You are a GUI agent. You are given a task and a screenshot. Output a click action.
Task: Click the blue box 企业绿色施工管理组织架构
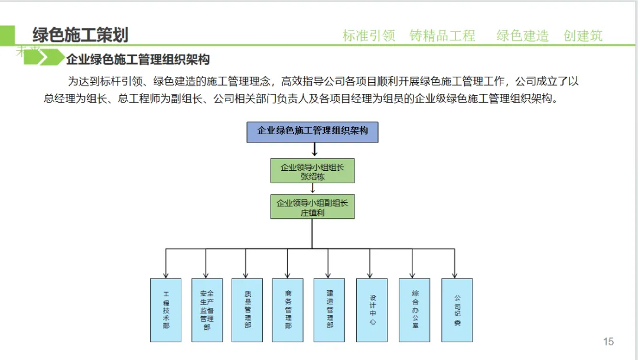(312, 132)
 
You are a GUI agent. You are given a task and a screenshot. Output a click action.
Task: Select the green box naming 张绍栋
(313, 171)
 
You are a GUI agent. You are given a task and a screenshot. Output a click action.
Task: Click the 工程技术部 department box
(165, 310)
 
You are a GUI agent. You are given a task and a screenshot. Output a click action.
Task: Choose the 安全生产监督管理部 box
(207, 310)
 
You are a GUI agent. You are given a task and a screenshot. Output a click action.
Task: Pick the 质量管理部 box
(247, 310)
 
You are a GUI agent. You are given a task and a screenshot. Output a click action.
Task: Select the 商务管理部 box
(288, 310)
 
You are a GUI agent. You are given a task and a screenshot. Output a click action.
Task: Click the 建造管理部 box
(329, 310)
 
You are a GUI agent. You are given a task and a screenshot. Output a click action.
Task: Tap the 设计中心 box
(372, 310)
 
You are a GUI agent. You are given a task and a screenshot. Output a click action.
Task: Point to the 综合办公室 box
(415, 310)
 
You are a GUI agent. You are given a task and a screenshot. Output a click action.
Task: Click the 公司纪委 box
(457, 310)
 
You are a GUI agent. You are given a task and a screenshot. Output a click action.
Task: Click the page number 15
(608, 341)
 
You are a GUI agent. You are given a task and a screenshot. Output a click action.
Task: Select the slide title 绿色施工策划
(80, 35)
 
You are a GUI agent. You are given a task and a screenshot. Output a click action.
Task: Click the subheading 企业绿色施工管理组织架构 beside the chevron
(138, 60)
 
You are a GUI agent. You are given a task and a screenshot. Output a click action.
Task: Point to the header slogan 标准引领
(369, 35)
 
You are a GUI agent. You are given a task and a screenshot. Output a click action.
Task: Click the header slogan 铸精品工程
(442, 35)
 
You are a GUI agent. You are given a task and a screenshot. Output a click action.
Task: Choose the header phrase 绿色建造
(522, 35)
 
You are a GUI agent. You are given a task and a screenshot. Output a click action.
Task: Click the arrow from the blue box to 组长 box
(314, 151)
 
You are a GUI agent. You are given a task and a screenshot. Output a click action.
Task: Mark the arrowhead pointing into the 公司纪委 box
(454, 274)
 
